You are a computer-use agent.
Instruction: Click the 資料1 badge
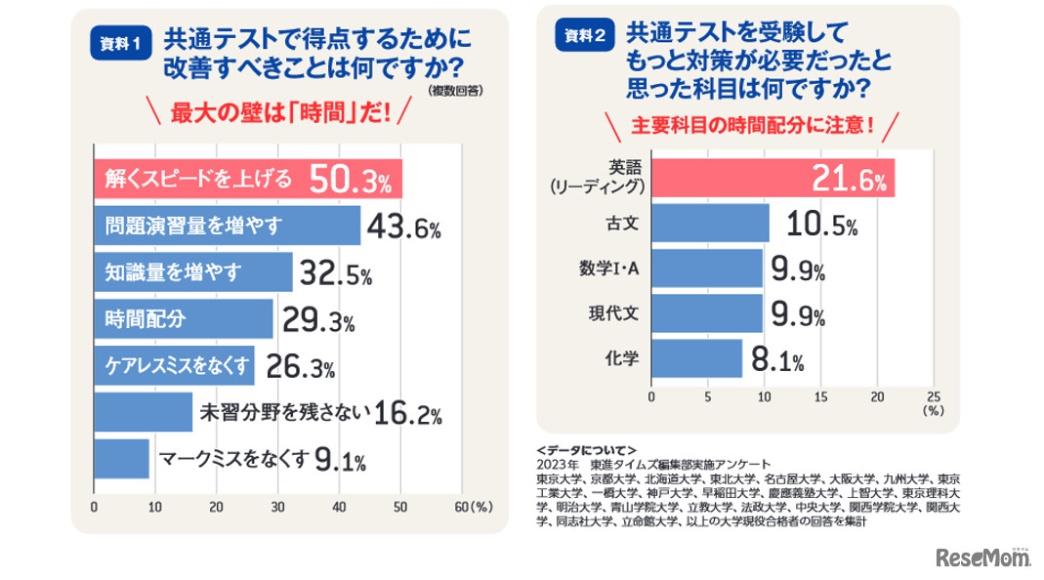tap(122, 44)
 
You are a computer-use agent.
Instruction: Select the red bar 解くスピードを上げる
tap(247, 178)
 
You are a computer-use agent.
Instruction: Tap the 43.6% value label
tap(401, 228)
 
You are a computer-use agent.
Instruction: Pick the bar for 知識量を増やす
tap(192, 272)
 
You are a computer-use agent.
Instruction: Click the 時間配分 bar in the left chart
tap(183, 318)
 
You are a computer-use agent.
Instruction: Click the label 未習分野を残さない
tap(284, 412)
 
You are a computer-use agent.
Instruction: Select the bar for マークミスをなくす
tap(121, 457)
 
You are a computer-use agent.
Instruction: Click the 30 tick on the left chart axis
tap(278, 508)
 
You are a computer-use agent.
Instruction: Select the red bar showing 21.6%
tap(772, 178)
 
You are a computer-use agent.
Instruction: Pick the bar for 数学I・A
tap(706, 269)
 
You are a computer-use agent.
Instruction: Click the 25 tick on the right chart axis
tap(932, 396)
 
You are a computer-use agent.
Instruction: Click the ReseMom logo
tap(983, 559)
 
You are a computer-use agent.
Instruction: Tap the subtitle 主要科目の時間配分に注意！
tap(751, 127)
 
